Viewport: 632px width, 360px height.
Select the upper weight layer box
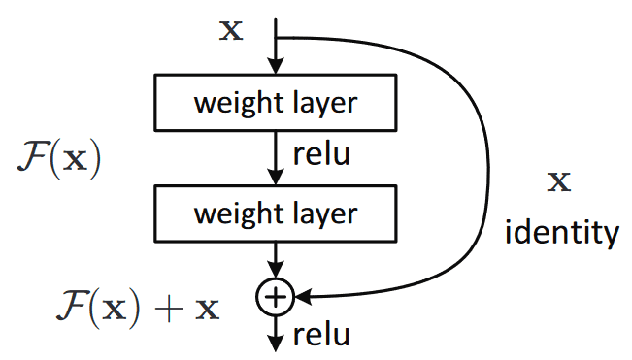tap(277, 103)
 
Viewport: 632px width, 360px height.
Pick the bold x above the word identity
tap(559, 181)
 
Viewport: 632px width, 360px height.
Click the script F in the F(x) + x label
tap(67, 309)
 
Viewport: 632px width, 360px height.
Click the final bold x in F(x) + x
tap(207, 310)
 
